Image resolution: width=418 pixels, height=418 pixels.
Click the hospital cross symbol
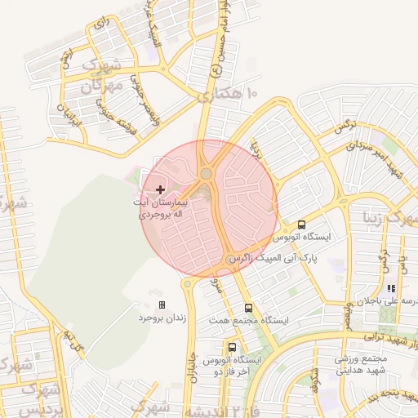coord(159,189)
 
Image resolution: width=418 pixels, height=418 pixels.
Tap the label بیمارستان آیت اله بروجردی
coord(162,205)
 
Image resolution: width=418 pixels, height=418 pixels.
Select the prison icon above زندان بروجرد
coord(162,305)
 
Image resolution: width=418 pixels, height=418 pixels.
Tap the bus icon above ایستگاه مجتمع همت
coord(248,308)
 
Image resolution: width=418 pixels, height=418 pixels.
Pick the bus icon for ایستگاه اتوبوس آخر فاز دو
coord(232,347)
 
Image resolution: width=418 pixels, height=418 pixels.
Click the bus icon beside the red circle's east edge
coord(302,225)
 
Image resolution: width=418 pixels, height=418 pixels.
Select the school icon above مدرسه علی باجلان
coord(392,288)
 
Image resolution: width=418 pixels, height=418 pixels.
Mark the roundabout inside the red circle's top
coord(206,173)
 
